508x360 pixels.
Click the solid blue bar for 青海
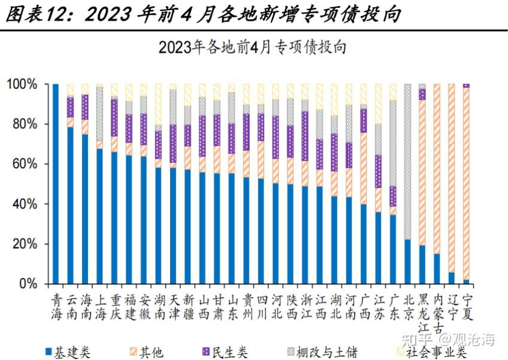point(56,183)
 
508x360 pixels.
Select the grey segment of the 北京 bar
point(408,162)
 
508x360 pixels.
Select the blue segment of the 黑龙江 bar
point(422,264)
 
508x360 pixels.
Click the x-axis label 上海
point(100,307)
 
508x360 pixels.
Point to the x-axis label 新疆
point(188,307)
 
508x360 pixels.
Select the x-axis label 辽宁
point(452,307)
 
